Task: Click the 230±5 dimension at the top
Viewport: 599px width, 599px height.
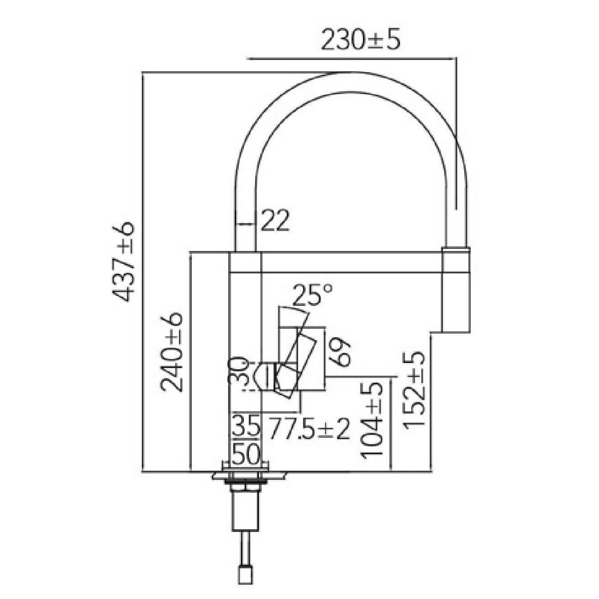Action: pyautogui.click(x=361, y=40)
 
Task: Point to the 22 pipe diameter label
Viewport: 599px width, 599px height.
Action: pyautogui.click(x=275, y=222)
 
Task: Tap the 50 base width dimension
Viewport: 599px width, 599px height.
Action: pyautogui.click(x=246, y=454)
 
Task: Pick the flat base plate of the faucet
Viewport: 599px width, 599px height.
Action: pyautogui.click(x=246, y=476)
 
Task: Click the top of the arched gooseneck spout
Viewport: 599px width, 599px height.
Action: pyautogui.click(x=352, y=83)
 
